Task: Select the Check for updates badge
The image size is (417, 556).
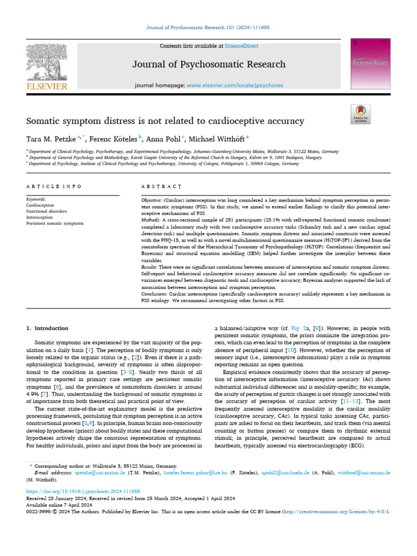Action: point(361,115)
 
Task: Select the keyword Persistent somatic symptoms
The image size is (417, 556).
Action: point(54,223)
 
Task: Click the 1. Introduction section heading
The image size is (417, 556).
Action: point(47,328)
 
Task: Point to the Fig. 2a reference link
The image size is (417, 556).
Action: point(291,328)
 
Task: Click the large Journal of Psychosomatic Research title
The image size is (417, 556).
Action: point(209,65)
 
